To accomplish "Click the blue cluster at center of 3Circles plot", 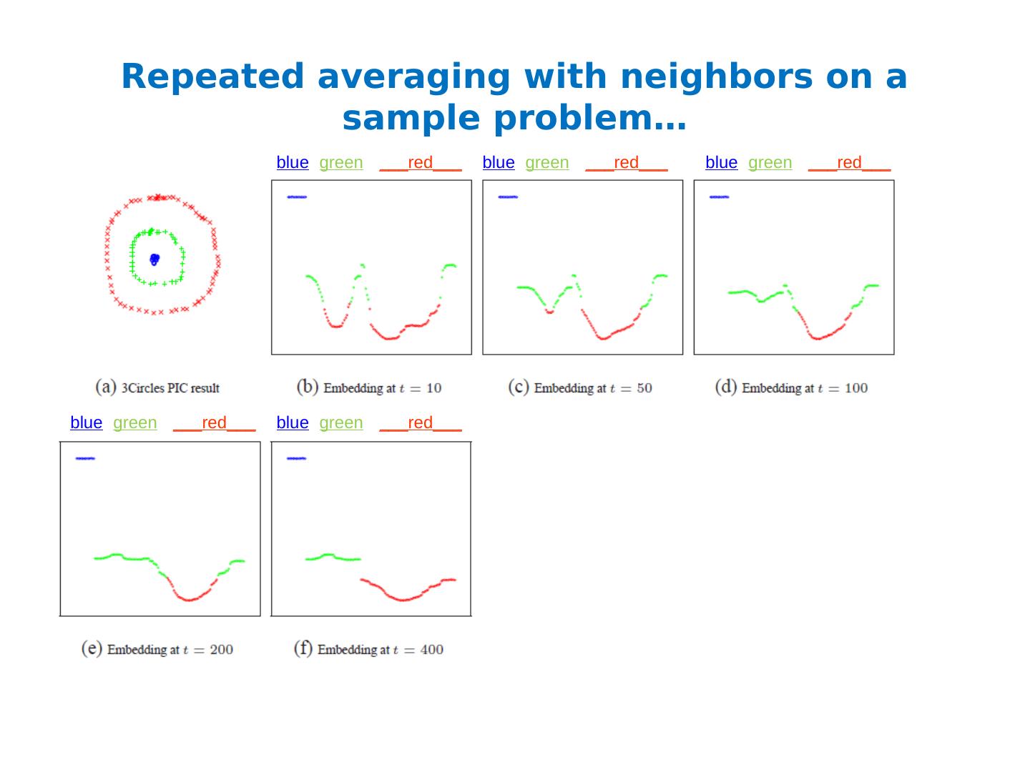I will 154,259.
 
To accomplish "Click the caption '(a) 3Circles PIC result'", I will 157,388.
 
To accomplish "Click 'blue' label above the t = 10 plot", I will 293,163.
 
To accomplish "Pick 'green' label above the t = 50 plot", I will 547,163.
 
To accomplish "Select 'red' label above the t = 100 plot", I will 849,163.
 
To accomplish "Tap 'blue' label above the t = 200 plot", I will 87,423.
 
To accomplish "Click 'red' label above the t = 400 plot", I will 421,423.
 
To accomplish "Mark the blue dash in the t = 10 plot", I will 297,197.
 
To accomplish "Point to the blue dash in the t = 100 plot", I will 719,197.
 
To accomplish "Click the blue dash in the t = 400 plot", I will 296,459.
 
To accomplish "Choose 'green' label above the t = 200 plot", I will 135,423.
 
